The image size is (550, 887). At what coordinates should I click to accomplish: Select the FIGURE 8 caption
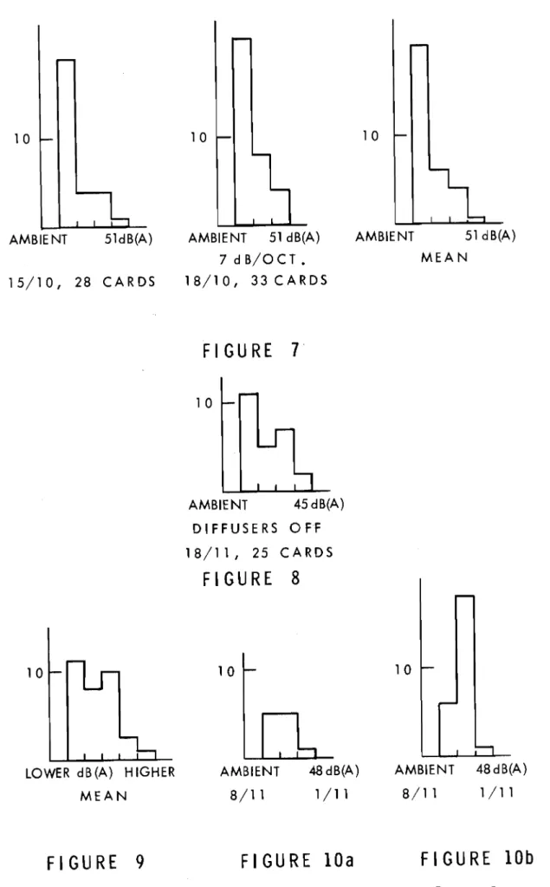[x=251, y=578]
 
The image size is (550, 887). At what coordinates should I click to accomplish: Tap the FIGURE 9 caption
[x=95, y=863]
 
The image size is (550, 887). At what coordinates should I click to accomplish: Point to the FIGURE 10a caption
[x=297, y=861]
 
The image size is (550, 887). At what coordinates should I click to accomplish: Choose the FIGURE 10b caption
[x=477, y=858]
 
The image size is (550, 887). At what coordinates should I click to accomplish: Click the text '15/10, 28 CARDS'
[x=82, y=282]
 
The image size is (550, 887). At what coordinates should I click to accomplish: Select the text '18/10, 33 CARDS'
[x=256, y=280]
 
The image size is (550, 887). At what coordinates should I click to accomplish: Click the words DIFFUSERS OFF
[x=257, y=528]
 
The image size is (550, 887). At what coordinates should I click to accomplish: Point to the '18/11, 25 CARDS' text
[x=259, y=552]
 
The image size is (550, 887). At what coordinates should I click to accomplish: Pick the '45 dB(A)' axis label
[x=319, y=504]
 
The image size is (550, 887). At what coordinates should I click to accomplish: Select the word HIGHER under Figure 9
[x=150, y=773]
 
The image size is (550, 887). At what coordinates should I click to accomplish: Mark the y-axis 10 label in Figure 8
[x=204, y=403]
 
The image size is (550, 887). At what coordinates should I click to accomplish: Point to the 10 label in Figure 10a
[x=226, y=671]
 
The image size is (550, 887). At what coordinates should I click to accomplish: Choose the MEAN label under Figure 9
[x=104, y=796]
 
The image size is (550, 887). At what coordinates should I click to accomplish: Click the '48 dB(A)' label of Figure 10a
[x=333, y=771]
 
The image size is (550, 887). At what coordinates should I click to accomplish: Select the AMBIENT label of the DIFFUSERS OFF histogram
[x=217, y=504]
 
